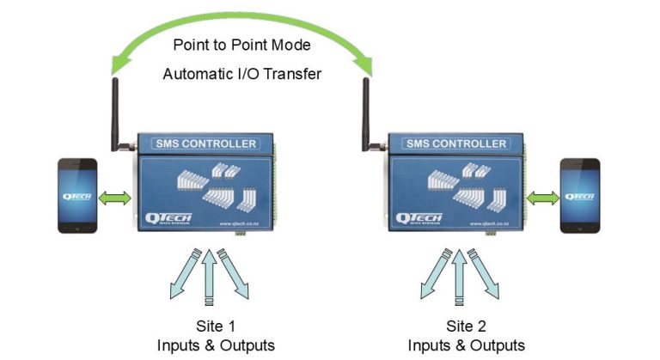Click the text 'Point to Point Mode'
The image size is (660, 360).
click(243, 44)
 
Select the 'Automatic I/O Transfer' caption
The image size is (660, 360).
click(242, 74)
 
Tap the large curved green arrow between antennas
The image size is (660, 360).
click(243, 19)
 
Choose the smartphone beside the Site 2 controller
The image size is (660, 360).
click(577, 195)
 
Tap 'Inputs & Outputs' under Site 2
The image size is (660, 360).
click(466, 345)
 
